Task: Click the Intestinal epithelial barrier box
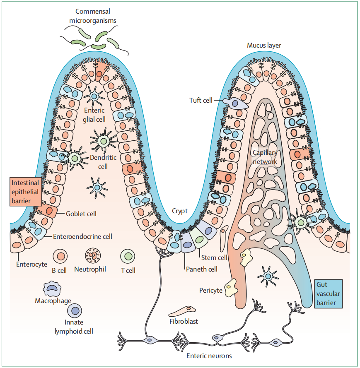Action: point(25,192)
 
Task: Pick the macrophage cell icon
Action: point(52,289)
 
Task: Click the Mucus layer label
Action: point(264,45)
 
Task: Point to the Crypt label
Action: point(180,211)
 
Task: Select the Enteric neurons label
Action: point(209,355)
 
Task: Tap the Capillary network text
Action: point(265,157)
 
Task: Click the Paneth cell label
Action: point(201,269)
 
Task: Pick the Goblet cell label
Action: point(81,214)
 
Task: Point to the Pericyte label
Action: point(211,290)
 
